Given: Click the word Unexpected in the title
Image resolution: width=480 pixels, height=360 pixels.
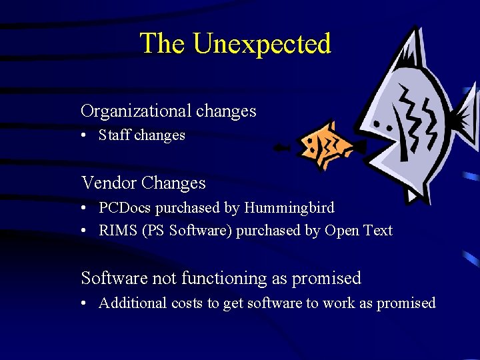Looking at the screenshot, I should coord(261,44).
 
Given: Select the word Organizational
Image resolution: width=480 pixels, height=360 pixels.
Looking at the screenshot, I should coord(134,111).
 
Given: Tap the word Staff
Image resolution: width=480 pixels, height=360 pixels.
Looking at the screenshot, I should coord(115,135).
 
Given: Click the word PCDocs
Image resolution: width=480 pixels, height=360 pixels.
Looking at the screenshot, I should coord(125,208).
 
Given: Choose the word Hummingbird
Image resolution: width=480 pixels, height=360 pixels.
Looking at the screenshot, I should coord(289,208).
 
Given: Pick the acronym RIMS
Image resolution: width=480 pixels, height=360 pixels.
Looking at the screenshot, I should coord(114,231).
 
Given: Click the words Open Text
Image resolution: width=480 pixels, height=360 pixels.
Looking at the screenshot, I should coord(359,231).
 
